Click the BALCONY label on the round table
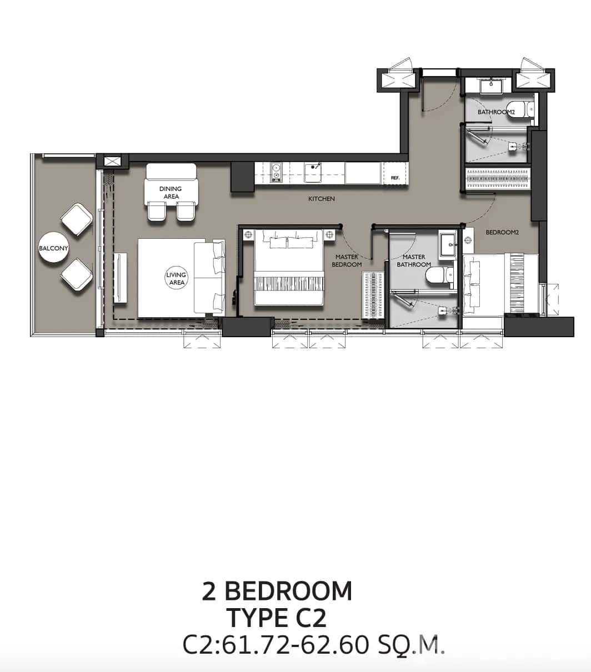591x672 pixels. click(53, 248)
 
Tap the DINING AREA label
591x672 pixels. click(171, 192)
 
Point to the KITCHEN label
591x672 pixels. click(322, 199)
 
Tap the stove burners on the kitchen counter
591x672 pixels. click(276, 172)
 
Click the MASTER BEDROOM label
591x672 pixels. click(347, 261)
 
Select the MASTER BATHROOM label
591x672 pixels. click(414, 261)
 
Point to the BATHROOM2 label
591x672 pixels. click(496, 112)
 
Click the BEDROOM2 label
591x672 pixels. click(502, 233)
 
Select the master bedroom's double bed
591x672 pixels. click(289, 267)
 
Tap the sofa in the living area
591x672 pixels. click(209, 278)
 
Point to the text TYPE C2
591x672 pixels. click(277, 618)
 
